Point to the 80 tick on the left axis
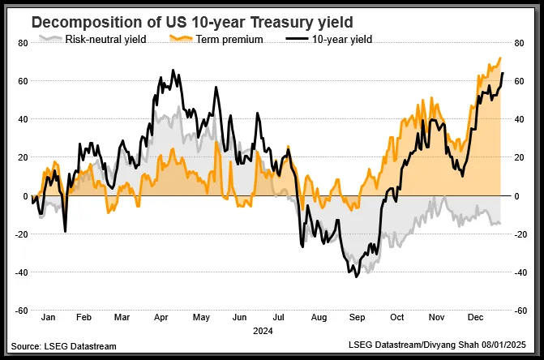click(x=22, y=44)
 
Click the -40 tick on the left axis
click(x=20, y=272)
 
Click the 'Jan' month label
click(x=48, y=319)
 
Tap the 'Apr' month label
click(x=162, y=319)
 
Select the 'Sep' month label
click(x=357, y=319)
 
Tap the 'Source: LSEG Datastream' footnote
click(x=64, y=346)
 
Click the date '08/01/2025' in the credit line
click(x=508, y=346)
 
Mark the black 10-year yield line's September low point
click(x=357, y=276)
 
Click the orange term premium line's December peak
click(x=500, y=58)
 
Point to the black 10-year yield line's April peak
click(x=172, y=71)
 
